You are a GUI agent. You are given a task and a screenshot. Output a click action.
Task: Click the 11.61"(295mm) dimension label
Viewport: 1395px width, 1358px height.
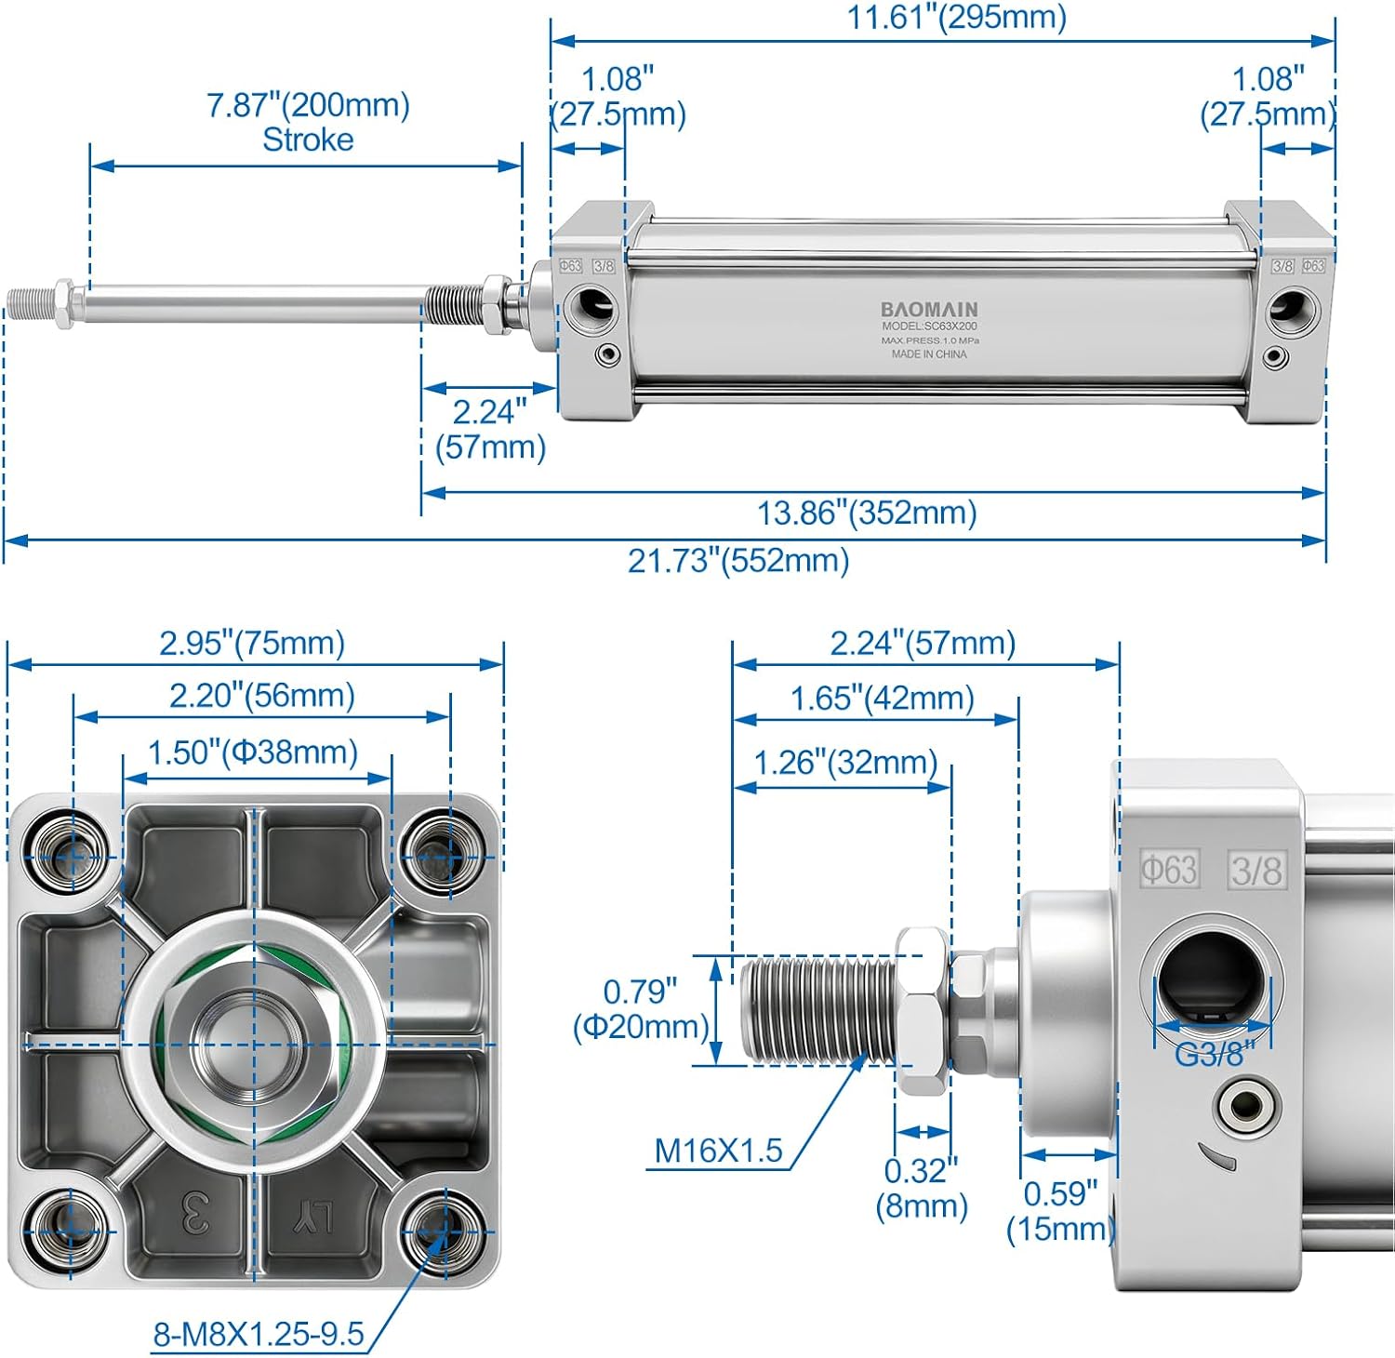click(956, 18)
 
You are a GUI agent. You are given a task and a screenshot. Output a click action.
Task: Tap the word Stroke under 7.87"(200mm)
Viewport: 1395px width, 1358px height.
click(308, 140)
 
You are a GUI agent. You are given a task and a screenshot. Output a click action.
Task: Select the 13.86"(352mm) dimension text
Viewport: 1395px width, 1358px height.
click(867, 513)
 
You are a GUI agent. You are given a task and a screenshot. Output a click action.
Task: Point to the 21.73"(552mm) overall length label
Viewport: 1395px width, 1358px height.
click(738, 561)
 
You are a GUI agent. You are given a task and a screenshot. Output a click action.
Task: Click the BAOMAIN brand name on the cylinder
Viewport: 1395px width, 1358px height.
click(929, 309)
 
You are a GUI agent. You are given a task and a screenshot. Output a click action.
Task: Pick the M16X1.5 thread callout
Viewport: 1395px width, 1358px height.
click(718, 1151)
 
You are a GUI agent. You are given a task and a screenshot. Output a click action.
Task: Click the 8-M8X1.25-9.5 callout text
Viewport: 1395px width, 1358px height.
click(259, 1335)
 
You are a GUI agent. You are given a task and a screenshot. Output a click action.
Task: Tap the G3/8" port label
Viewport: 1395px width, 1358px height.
click(1214, 1054)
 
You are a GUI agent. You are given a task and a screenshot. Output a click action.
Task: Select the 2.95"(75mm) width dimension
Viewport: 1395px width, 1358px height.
click(252, 643)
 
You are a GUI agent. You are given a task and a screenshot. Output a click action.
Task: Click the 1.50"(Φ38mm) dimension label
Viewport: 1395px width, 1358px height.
click(253, 752)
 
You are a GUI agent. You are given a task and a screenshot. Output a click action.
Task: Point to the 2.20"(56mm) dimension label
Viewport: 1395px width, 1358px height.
click(261, 696)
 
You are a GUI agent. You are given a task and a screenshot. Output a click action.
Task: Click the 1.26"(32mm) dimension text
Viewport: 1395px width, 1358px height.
click(845, 763)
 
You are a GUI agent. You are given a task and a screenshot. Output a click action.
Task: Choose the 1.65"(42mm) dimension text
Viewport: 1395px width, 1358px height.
click(882, 699)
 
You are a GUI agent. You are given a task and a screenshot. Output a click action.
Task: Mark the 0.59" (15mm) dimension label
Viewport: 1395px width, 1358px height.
click(1060, 1210)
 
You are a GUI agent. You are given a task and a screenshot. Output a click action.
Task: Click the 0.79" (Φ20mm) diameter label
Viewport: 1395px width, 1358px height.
click(641, 1009)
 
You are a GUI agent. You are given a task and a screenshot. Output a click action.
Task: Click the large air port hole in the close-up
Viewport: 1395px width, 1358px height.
click(1212, 981)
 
